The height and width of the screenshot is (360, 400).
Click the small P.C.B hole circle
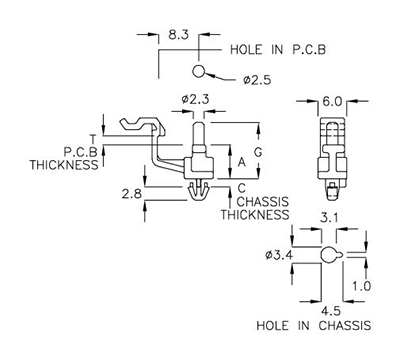[x=199, y=71]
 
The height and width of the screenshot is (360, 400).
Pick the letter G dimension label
[x=258, y=150]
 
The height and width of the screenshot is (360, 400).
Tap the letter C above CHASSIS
[x=245, y=188]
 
